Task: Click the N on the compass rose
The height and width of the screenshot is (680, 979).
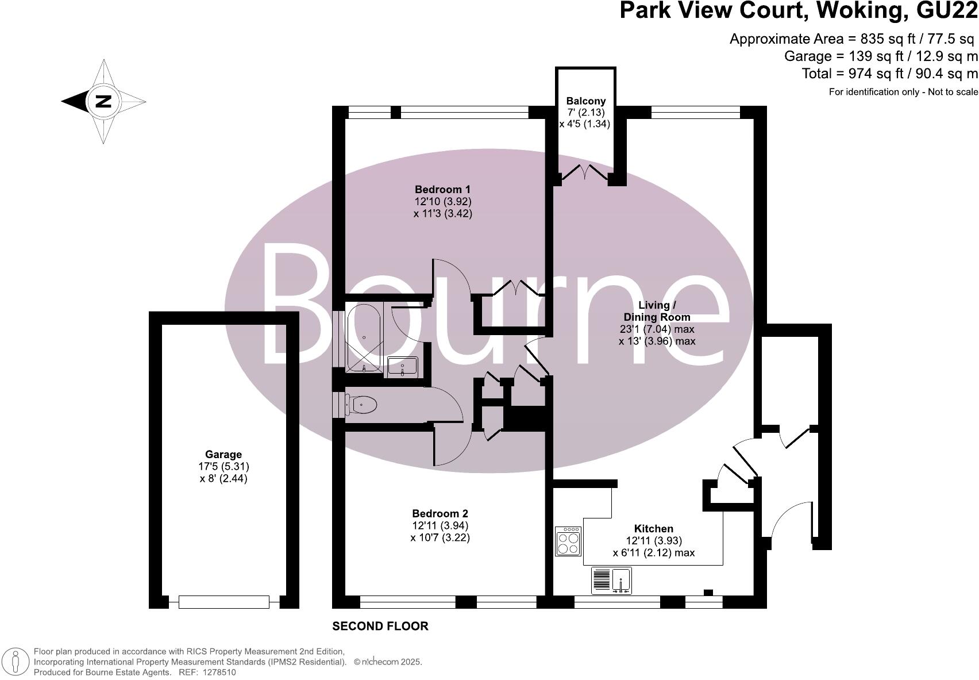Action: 103,102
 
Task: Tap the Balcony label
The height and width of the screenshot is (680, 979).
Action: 585,101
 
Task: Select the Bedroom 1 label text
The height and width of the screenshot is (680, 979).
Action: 442,189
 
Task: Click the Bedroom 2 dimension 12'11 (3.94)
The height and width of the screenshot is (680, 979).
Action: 440,525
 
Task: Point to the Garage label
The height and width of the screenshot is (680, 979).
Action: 223,454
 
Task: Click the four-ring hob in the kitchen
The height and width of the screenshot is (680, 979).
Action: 568,541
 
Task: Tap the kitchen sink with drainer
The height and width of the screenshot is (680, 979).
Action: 611,581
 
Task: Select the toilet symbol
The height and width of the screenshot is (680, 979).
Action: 362,405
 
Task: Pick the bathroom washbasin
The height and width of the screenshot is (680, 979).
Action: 403,366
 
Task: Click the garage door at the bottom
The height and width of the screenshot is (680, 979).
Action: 223,602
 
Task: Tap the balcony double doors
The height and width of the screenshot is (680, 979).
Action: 584,173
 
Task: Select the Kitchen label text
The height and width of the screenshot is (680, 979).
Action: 653,528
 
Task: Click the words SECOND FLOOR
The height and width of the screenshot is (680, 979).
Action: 380,626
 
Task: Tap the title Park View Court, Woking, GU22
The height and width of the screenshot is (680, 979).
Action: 798,11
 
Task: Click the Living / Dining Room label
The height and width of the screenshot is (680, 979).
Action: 657,311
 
